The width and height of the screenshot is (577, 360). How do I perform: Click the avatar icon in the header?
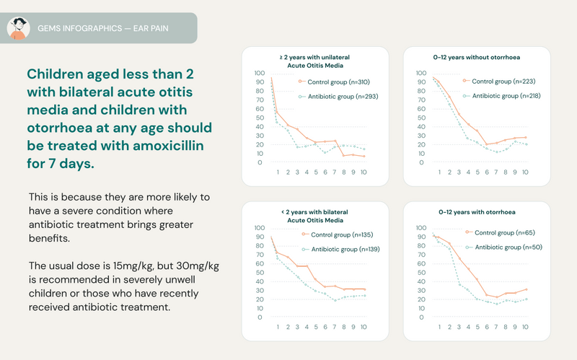click(x=18, y=29)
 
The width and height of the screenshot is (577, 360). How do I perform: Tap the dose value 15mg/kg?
click(x=138, y=266)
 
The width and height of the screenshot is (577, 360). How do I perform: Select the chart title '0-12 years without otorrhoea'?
click(x=476, y=56)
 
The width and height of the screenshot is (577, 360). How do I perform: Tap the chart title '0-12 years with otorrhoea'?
click(x=476, y=213)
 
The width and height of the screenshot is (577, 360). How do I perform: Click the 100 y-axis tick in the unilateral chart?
click(x=260, y=73)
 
